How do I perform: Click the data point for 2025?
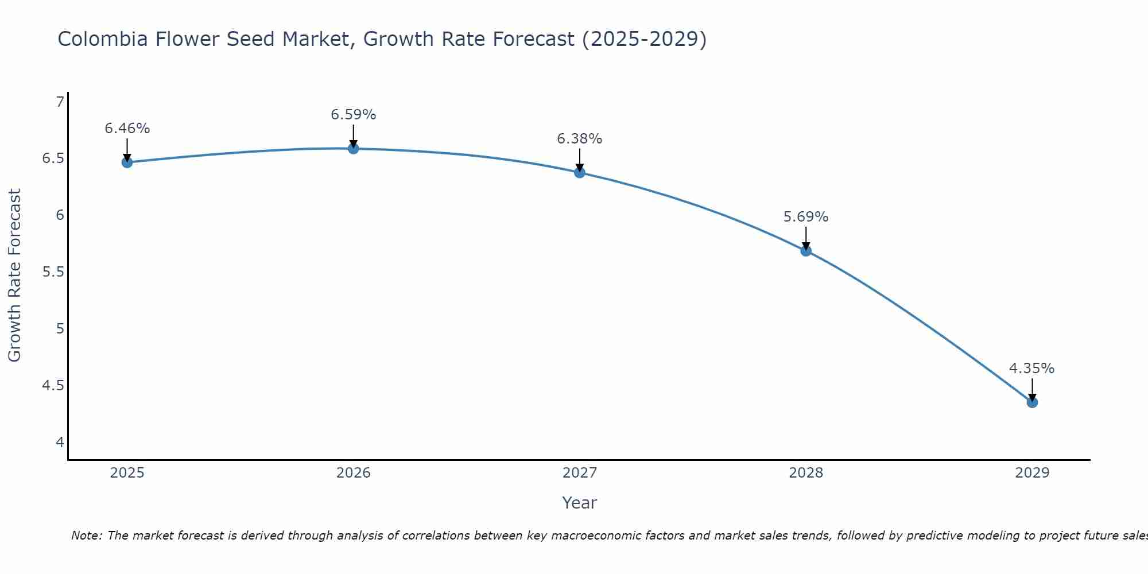(x=127, y=162)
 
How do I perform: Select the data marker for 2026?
(x=354, y=149)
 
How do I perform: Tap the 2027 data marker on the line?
(x=580, y=172)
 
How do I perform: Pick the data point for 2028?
(x=806, y=251)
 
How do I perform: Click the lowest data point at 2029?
(x=1032, y=402)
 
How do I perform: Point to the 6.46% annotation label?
(x=127, y=129)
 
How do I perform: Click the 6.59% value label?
(x=354, y=115)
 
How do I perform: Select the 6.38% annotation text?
(x=580, y=139)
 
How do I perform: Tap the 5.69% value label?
(x=806, y=217)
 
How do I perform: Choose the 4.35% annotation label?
(x=1032, y=369)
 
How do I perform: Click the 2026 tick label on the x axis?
(x=354, y=473)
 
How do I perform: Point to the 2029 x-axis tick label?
(x=1032, y=473)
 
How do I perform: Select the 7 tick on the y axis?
(x=60, y=102)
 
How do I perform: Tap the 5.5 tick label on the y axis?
(x=53, y=272)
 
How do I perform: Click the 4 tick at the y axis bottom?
(x=60, y=442)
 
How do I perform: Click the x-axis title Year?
(x=580, y=503)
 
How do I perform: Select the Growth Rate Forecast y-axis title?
(x=14, y=276)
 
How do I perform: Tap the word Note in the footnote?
(x=86, y=536)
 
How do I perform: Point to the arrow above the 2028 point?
(x=806, y=238)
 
